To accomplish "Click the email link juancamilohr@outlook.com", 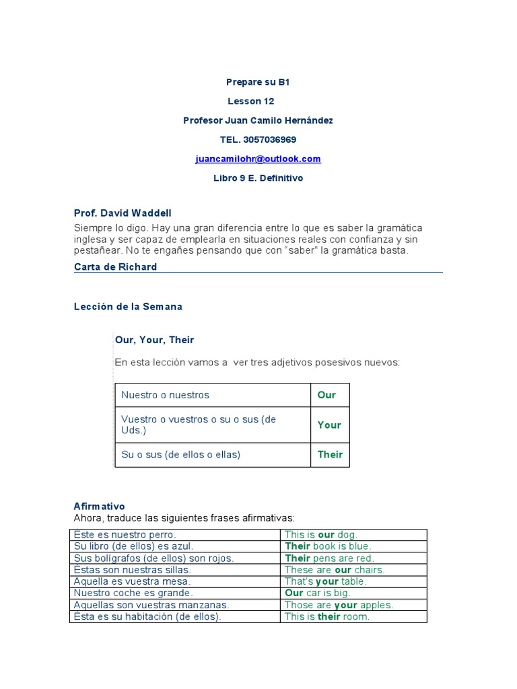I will click(x=258, y=159).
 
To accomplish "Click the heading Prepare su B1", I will click(x=258, y=82).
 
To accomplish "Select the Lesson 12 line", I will click(x=250, y=101).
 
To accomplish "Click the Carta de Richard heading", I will click(x=115, y=266).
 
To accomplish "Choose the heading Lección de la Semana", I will click(x=128, y=306).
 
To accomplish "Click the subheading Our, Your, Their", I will click(x=154, y=340).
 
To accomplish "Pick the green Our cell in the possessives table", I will click(x=326, y=395).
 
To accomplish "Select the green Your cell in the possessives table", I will click(x=329, y=425).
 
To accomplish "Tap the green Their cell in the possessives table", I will click(x=330, y=454).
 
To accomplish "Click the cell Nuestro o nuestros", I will click(x=165, y=395).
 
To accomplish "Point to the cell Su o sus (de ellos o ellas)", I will click(x=180, y=454).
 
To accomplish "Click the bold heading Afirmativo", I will click(x=99, y=506).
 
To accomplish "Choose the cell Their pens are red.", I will click(x=329, y=558).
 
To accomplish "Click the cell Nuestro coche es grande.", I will click(x=133, y=593).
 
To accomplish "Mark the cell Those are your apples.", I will click(x=339, y=605).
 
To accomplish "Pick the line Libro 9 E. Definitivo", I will click(x=258, y=178).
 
